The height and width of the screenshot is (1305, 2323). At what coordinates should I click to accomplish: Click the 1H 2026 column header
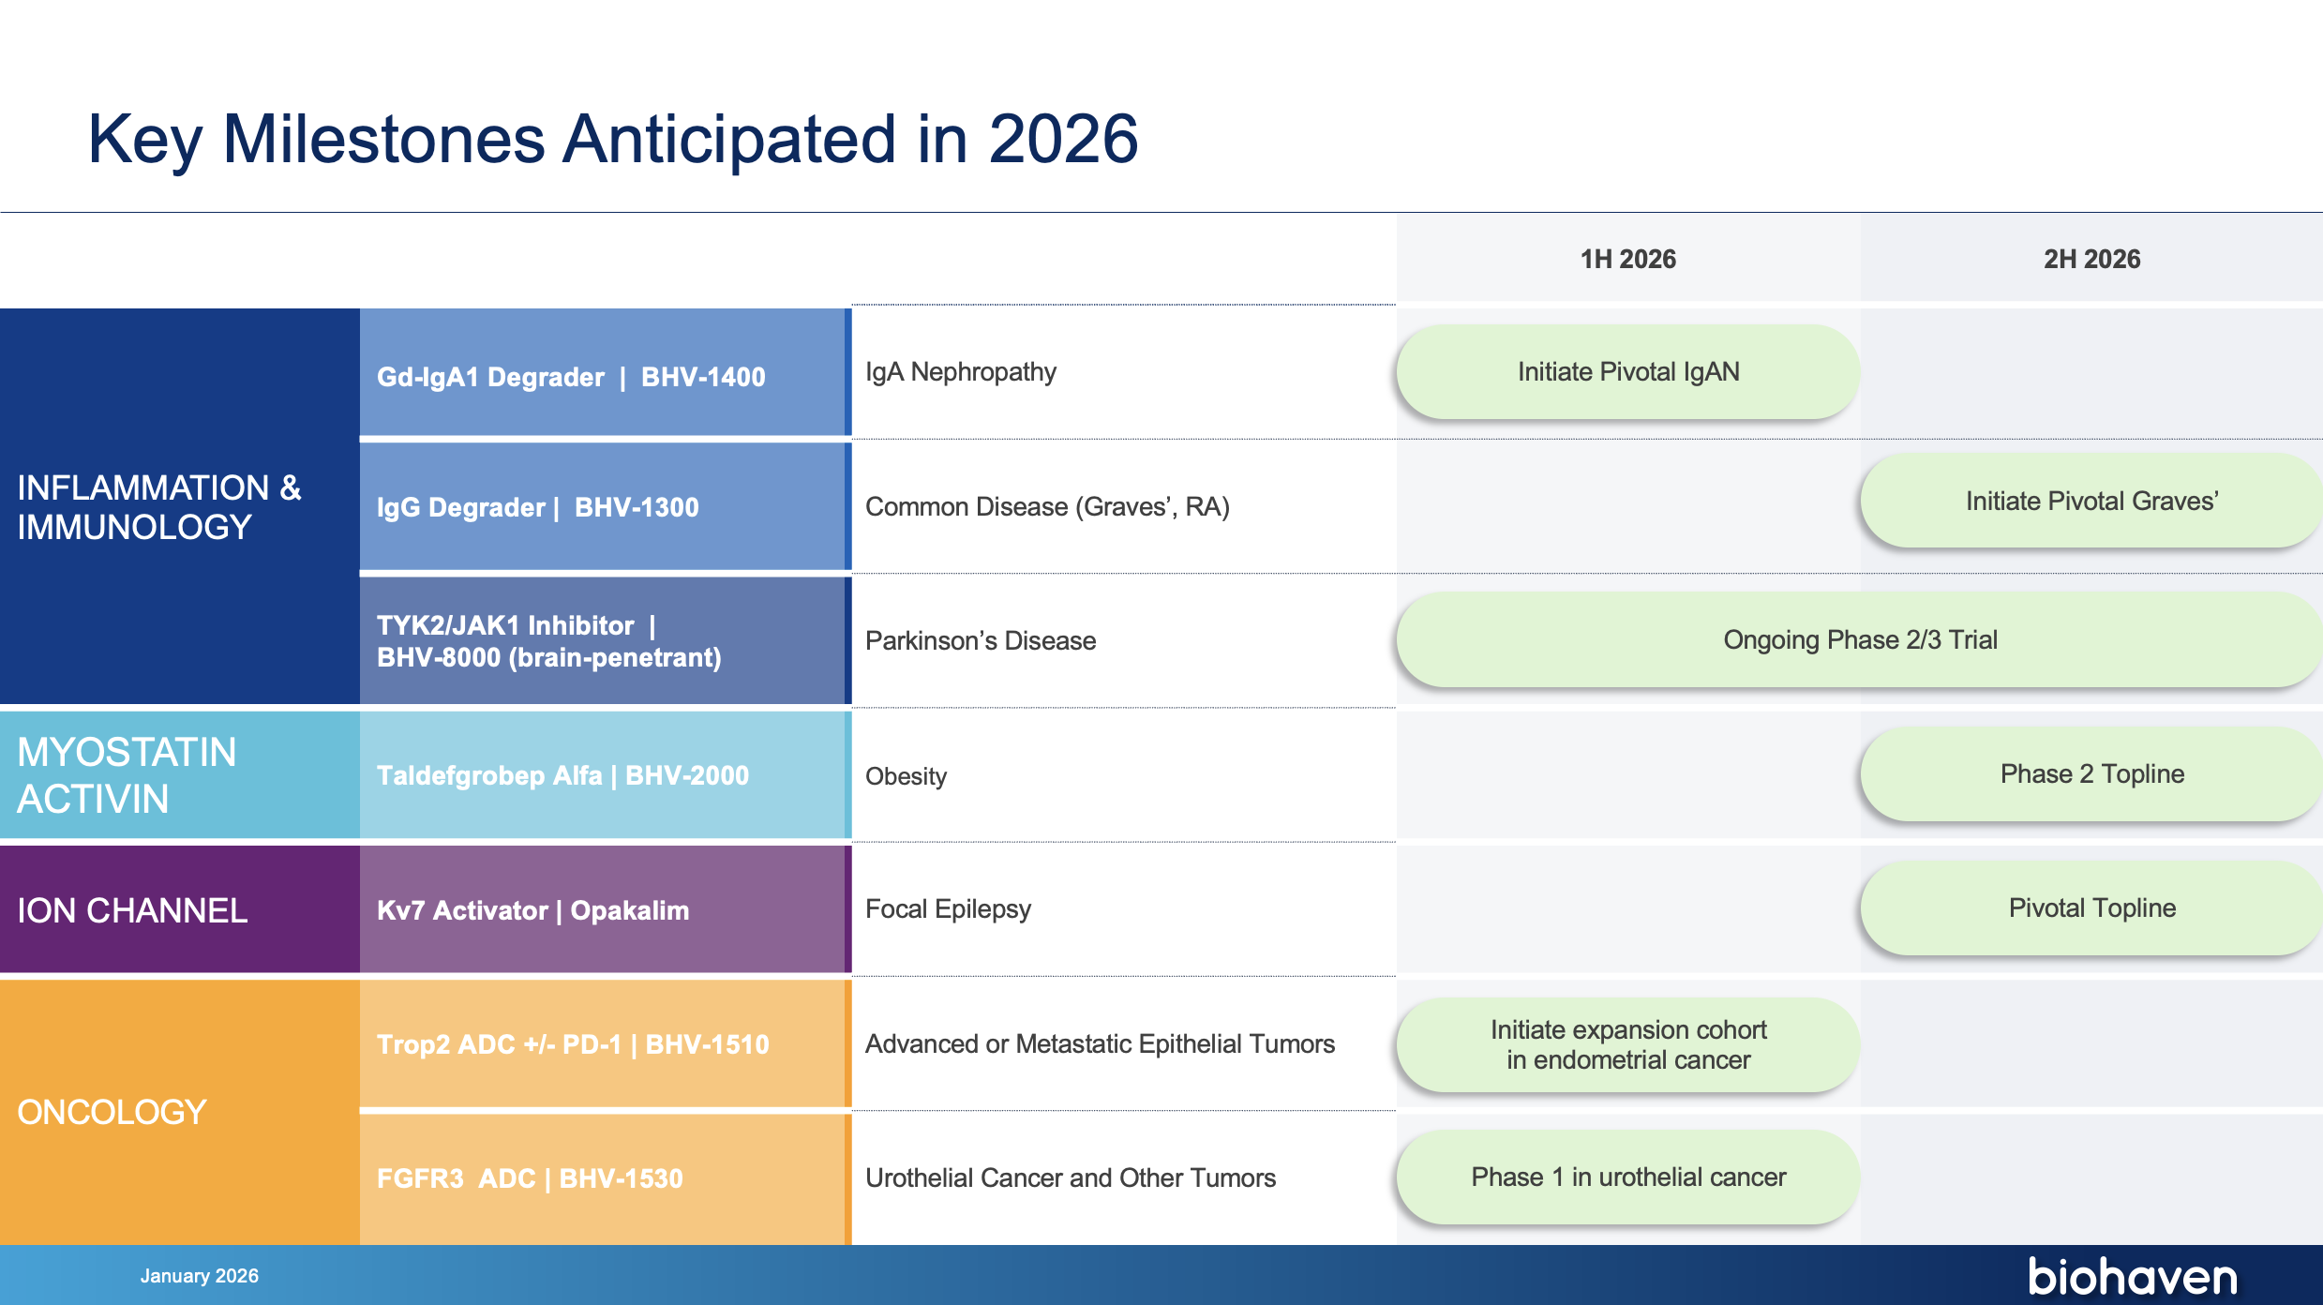pyautogui.click(x=1628, y=259)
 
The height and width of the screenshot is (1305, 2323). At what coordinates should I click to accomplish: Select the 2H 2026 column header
pyautogui.click(x=2092, y=259)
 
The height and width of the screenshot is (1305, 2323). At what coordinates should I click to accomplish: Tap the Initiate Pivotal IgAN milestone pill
pyautogui.click(x=1628, y=372)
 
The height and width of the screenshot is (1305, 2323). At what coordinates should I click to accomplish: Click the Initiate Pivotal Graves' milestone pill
pyautogui.click(x=2091, y=502)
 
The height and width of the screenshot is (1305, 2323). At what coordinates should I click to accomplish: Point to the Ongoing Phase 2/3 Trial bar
pyautogui.click(x=1860, y=640)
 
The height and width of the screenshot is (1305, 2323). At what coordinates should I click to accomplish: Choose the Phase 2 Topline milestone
pyautogui.click(x=2091, y=774)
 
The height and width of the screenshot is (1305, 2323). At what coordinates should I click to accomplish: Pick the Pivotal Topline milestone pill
pyautogui.click(x=2091, y=908)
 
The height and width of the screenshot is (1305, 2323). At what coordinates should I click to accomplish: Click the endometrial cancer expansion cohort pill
pyautogui.click(x=1628, y=1044)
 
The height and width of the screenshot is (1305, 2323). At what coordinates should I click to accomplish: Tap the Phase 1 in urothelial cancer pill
pyautogui.click(x=1628, y=1177)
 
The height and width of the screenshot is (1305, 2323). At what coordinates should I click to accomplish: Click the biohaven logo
pyautogui.click(x=2133, y=1276)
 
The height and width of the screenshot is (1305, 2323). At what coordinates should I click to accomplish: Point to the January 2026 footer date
pyautogui.click(x=200, y=1276)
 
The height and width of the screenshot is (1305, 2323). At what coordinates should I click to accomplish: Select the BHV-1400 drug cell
pyautogui.click(x=604, y=373)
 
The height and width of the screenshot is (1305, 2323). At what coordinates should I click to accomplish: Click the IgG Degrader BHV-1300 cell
pyautogui.click(x=604, y=507)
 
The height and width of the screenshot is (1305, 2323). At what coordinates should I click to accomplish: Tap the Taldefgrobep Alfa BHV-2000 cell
pyautogui.click(x=604, y=775)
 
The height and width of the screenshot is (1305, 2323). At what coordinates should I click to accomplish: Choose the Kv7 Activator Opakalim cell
pyautogui.click(x=604, y=909)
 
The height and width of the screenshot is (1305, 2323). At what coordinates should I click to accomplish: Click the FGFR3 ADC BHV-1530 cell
pyautogui.click(x=604, y=1178)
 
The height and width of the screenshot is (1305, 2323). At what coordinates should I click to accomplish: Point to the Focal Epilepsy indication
pyautogui.click(x=948, y=909)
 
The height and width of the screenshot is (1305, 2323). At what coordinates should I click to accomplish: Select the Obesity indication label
pyautogui.click(x=906, y=776)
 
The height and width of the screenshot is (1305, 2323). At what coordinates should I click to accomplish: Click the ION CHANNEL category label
pyautogui.click(x=132, y=910)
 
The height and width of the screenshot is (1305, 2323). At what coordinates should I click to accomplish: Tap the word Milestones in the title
pyautogui.click(x=384, y=139)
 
